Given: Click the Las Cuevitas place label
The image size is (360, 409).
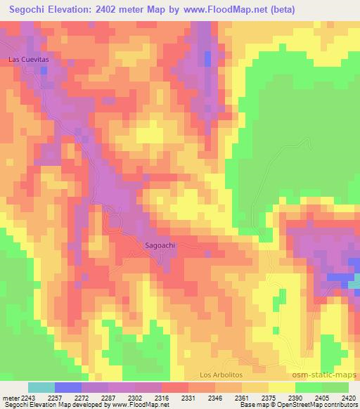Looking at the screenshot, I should tap(28, 60).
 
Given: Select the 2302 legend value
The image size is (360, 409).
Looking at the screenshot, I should tap(134, 397).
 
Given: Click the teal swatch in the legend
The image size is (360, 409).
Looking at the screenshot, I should tap(41, 387).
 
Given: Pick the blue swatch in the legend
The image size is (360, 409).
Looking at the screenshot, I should tap(67, 387).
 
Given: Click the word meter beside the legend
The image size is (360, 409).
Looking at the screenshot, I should tap(11, 397).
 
